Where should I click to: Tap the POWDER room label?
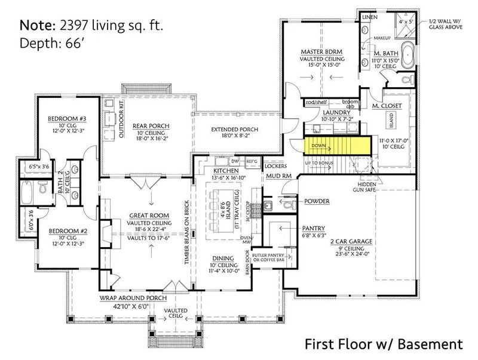317,202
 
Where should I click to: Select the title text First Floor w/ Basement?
384,343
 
